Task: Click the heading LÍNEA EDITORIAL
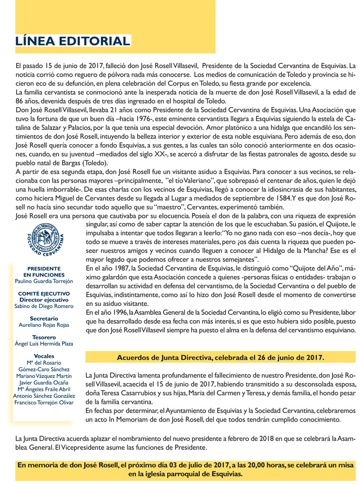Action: pyautogui.click(x=73, y=41)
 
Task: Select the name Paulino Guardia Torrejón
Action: pyautogui.click(x=44, y=281)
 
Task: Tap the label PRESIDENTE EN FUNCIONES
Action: pyautogui.click(x=44, y=271)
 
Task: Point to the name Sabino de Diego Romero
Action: pyautogui.click(x=44, y=306)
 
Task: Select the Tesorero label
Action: pyautogui.click(x=44, y=337)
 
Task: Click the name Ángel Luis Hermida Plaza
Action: pyautogui.click(x=44, y=343)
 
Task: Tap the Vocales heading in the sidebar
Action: pyautogui.click(x=44, y=356)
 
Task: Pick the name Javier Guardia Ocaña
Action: pyautogui.click(x=44, y=382)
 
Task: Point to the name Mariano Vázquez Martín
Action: pyautogui.click(x=44, y=375)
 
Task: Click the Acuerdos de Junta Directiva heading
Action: pyautogui.click(x=220, y=357)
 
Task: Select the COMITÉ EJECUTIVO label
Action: pyautogui.click(x=44, y=293)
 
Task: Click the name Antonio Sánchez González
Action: pyautogui.click(x=44, y=395)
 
